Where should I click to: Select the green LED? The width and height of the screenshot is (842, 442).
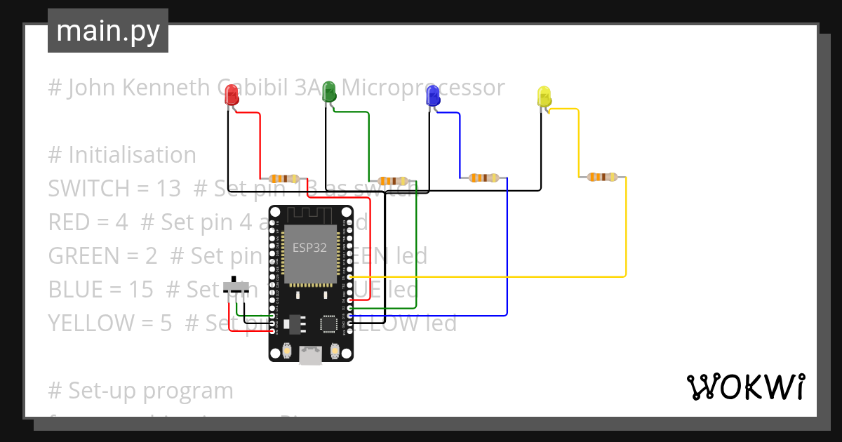328,92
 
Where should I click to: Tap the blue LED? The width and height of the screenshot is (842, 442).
433,95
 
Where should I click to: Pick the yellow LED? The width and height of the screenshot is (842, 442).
544,97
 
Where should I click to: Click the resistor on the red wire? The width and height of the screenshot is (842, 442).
284,179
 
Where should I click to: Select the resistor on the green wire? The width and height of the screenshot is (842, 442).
393,181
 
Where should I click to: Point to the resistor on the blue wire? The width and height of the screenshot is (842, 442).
483,178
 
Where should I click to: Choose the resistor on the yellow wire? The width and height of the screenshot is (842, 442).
602,177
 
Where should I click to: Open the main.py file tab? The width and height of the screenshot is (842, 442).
108,31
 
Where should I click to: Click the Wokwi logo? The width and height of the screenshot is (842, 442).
745,387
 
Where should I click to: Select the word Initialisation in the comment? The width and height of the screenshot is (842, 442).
132,155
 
